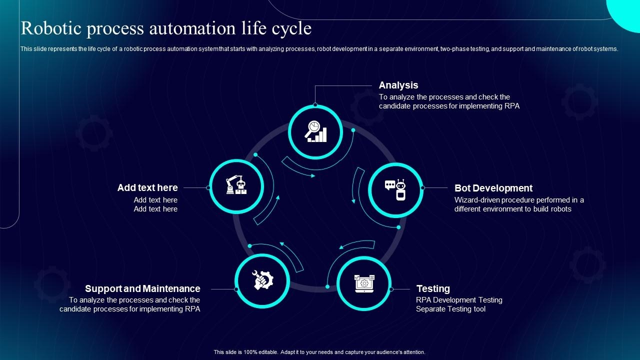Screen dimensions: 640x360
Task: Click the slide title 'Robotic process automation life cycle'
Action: [166, 28]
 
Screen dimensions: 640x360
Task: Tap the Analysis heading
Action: [398, 85]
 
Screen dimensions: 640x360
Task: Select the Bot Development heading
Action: [493, 188]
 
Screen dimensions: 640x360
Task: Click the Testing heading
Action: [433, 288]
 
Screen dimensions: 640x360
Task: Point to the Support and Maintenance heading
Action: [142, 288]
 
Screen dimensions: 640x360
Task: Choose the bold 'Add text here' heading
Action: [147, 188]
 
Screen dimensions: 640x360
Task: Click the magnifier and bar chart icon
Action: [316, 132]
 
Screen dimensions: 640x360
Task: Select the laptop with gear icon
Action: [364, 283]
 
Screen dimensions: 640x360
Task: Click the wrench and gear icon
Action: [262, 280]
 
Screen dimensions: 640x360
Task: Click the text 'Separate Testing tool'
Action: [450, 309]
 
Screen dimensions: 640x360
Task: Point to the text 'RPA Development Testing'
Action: [459, 300]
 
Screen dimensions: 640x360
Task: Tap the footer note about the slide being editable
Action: [319, 352]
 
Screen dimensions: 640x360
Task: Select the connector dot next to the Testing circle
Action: [391, 289]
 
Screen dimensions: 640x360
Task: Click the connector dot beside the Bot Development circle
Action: [422, 188]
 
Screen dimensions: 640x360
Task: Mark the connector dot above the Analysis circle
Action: [315, 105]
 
